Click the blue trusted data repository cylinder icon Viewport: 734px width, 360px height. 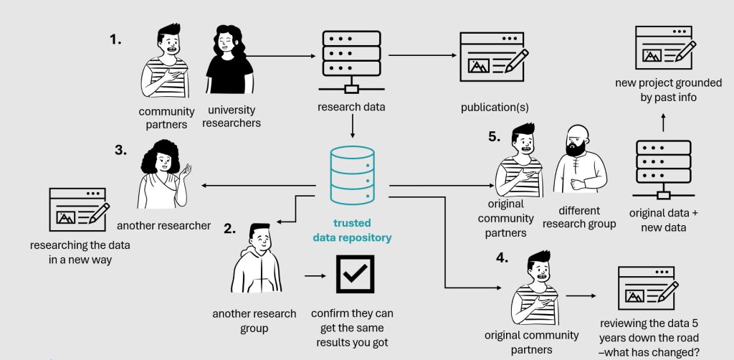click(x=352, y=175)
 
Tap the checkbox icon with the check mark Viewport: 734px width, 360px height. click(x=356, y=275)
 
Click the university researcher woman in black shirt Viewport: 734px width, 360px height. click(x=230, y=63)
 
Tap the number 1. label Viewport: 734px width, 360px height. click(x=115, y=40)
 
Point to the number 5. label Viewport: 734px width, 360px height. click(x=495, y=137)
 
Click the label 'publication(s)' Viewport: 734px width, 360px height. click(x=495, y=108)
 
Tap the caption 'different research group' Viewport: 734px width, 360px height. click(x=579, y=217)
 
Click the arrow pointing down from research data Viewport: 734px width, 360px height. click(x=352, y=128)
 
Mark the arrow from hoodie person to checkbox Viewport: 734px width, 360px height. click(x=314, y=275)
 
